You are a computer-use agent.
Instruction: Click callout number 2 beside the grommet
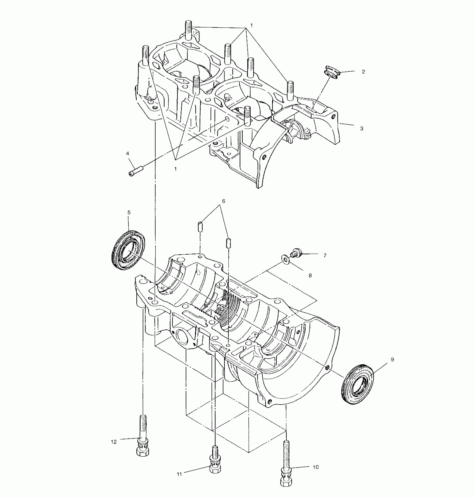[x=363, y=72]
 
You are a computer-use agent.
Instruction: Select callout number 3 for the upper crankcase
[x=362, y=129]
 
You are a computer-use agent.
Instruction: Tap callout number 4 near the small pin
[x=127, y=153]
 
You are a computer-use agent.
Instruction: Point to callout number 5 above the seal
[x=129, y=213]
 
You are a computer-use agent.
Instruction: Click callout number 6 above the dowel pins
[x=223, y=201]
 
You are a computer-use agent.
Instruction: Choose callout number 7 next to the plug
[x=325, y=255]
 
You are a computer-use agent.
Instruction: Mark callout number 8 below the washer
[x=310, y=276]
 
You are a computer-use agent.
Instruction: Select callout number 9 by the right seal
[x=392, y=360]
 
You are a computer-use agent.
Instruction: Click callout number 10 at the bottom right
[x=315, y=467]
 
